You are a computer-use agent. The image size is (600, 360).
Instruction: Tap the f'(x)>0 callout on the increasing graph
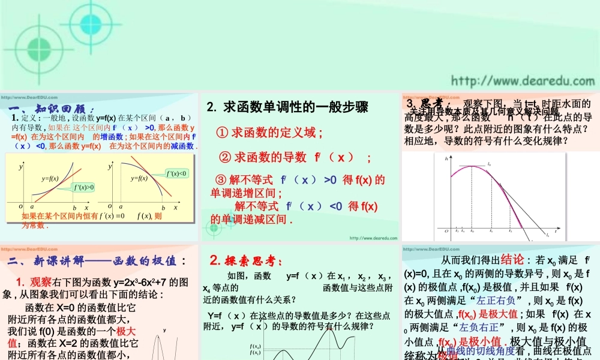coord(83,187)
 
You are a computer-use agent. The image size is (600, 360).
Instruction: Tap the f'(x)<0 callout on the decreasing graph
coord(178,173)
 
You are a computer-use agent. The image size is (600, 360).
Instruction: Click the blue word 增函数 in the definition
coord(112,137)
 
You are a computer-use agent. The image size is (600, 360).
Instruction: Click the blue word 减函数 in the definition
coord(183,146)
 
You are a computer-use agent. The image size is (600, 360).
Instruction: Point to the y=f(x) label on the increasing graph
coord(50,178)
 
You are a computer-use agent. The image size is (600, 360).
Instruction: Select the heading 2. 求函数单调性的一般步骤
coord(287,108)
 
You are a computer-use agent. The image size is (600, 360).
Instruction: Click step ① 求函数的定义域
coord(270,133)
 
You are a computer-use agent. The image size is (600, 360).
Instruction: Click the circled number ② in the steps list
coord(226,158)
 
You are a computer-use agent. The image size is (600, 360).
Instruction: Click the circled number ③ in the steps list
coord(220,180)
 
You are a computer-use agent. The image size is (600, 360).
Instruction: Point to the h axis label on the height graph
coord(446,158)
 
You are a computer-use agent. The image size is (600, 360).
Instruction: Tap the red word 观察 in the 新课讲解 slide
coord(41,282)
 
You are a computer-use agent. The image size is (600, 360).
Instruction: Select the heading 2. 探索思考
coord(245,260)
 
